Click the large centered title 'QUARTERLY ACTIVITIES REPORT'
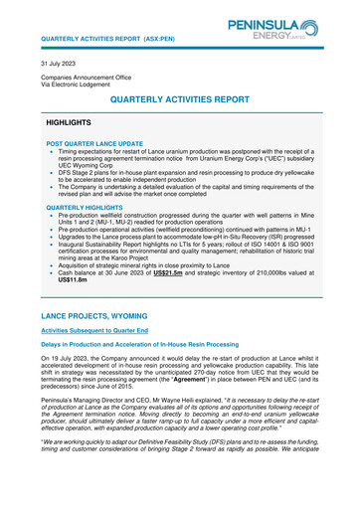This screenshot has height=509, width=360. [180, 100]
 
